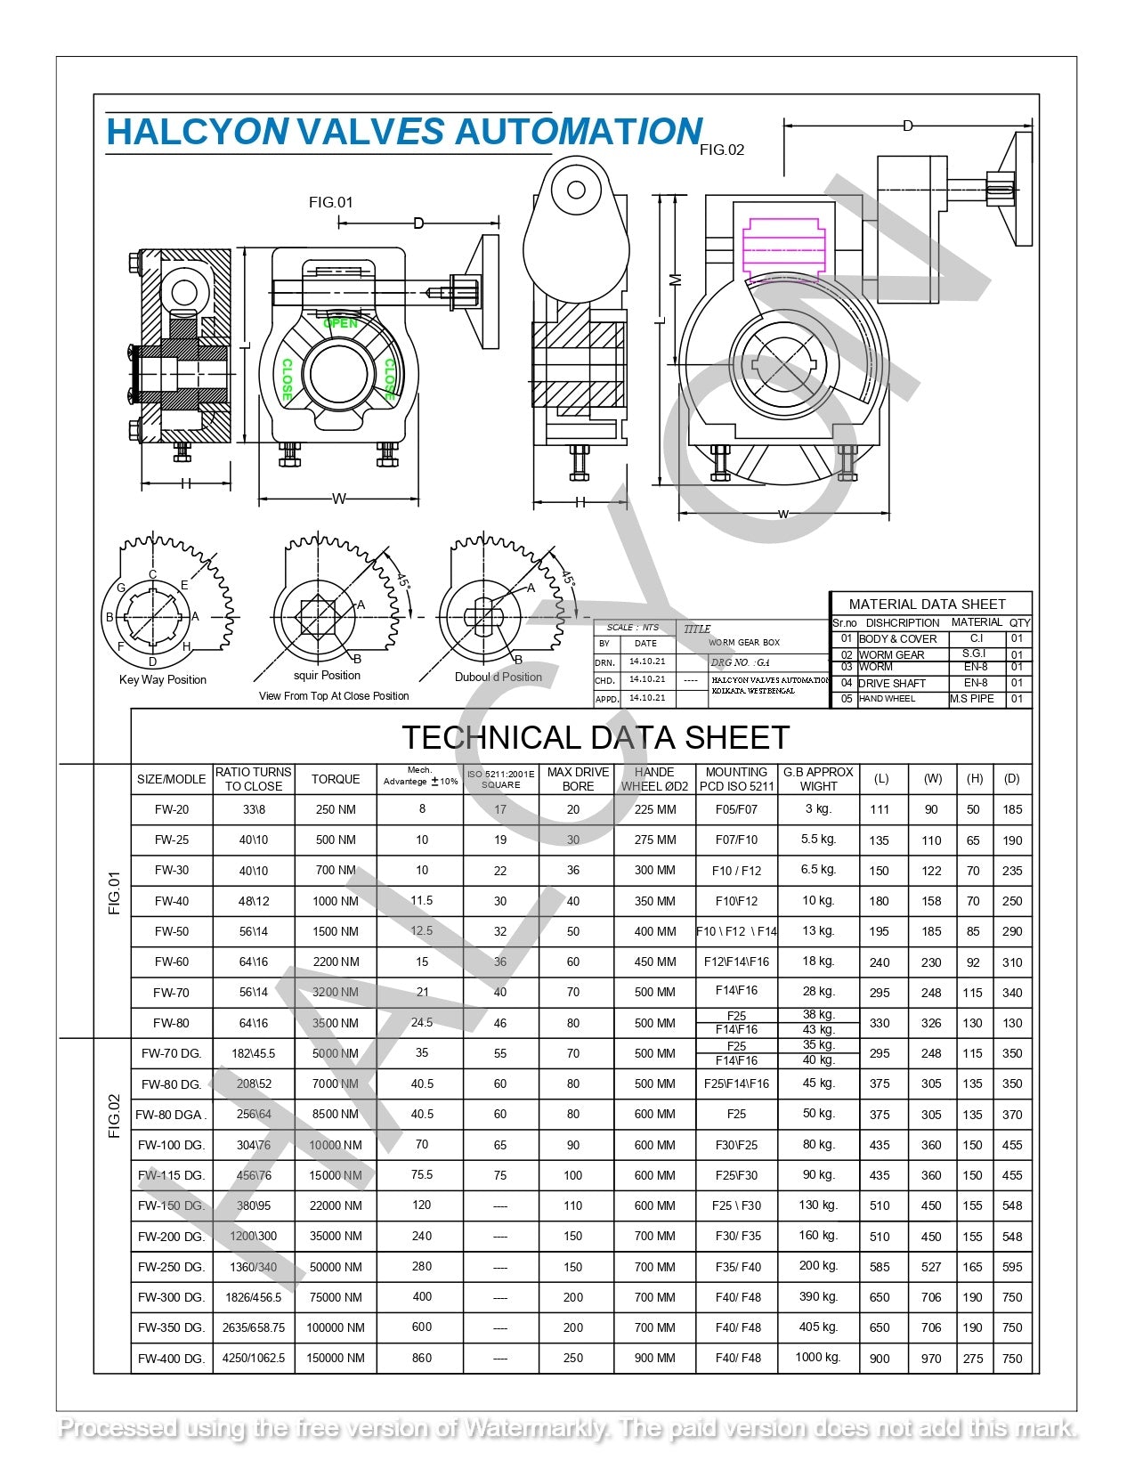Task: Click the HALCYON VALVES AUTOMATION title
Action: [x=404, y=132]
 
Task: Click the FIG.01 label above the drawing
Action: [x=330, y=202]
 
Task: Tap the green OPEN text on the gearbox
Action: [x=340, y=323]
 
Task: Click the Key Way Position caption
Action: [x=163, y=679]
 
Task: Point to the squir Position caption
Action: [x=327, y=675]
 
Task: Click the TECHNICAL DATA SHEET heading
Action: [x=595, y=737]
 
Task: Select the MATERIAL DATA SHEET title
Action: [x=927, y=604]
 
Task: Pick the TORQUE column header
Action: [x=336, y=779]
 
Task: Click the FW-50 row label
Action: [x=171, y=931]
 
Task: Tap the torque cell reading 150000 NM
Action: [x=336, y=1358]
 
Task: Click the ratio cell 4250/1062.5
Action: [x=254, y=1358]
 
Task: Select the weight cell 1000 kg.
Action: [x=818, y=1357]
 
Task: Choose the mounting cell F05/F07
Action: [x=736, y=809]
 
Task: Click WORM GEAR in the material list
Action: [x=891, y=654]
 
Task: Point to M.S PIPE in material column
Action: [x=971, y=699]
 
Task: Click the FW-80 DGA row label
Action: [x=171, y=1115]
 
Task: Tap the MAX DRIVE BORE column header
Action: [x=578, y=779]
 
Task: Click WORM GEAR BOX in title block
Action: [x=743, y=642]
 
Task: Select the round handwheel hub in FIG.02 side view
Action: [x=575, y=190]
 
